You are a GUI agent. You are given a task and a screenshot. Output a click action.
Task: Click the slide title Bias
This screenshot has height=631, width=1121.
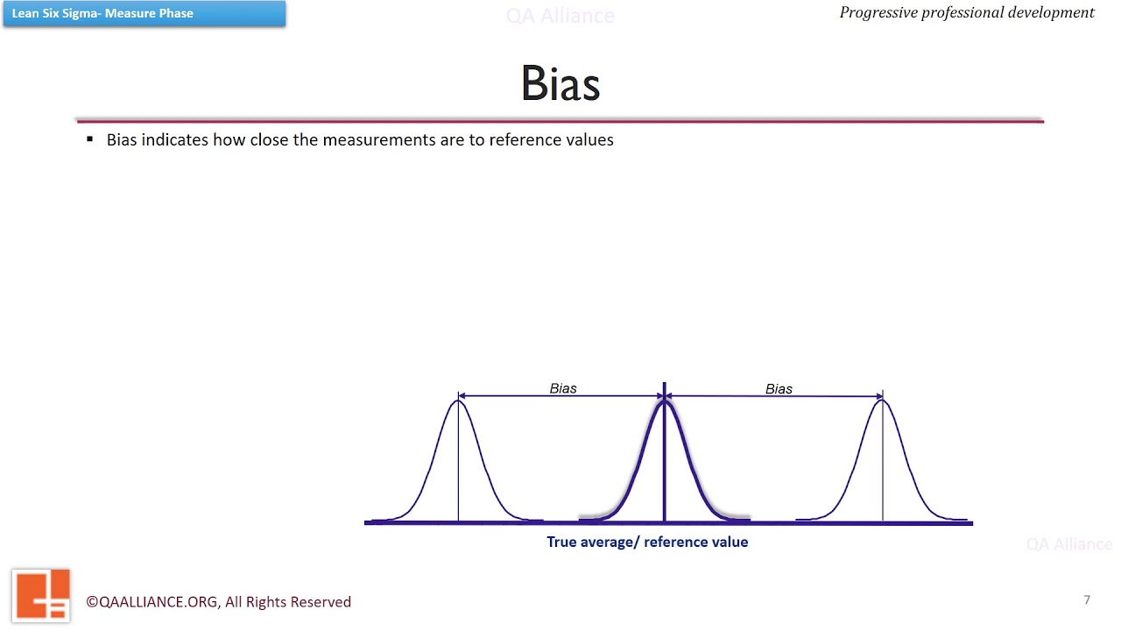point(560,84)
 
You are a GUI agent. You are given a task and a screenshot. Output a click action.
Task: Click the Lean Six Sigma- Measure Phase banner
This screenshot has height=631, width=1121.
point(144,13)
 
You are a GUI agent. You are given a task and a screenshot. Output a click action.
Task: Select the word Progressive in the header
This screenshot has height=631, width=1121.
point(878,12)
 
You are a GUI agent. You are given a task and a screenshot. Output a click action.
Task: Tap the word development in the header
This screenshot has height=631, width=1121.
point(1048,12)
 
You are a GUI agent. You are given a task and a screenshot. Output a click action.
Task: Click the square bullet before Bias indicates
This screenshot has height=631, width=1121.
point(89,139)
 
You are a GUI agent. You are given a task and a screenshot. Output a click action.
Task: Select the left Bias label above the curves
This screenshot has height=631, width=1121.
point(563,388)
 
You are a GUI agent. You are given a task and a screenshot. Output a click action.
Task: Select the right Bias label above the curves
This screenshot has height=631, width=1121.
point(779,389)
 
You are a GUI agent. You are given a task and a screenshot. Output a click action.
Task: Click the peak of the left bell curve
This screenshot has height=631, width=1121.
point(458,401)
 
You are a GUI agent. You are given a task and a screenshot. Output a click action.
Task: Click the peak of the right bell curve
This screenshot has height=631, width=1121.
point(882,401)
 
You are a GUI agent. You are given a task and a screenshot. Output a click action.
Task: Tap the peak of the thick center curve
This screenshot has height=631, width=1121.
point(664,401)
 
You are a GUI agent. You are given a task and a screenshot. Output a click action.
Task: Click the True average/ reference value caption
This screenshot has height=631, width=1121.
point(647,542)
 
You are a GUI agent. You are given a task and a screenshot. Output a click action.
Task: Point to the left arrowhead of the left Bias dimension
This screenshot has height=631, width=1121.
point(462,396)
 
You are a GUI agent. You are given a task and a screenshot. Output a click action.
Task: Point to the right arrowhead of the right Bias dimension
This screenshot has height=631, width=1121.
point(878,397)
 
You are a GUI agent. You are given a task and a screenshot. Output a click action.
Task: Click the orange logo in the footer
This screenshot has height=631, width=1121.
point(41,595)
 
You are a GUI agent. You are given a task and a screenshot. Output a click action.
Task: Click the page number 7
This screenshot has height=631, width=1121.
point(1087,599)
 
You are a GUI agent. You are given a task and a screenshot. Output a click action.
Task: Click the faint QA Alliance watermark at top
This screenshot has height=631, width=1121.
point(560,16)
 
